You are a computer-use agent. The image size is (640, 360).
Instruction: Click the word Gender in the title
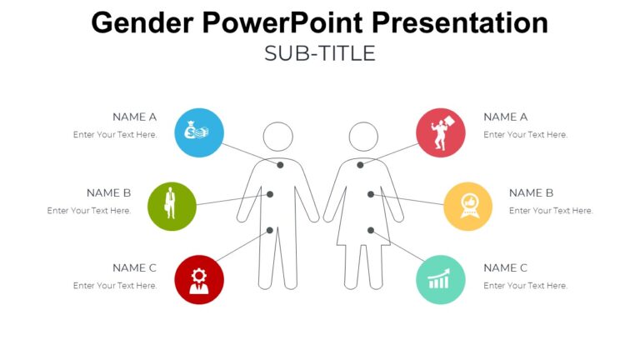(133, 22)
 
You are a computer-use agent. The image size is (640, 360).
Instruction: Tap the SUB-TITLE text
(320, 53)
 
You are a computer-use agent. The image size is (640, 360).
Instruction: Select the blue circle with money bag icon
(199, 132)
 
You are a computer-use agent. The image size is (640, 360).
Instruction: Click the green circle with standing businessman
(172, 206)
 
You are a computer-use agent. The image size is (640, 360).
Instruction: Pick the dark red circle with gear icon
(199, 279)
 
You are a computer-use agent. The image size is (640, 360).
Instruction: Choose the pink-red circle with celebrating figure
(440, 132)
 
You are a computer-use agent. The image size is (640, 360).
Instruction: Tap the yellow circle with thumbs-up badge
(467, 206)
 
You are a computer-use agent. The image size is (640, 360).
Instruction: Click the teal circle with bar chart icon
(440, 279)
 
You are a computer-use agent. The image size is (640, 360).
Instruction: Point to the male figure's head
(277, 136)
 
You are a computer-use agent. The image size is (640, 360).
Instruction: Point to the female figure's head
(363, 136)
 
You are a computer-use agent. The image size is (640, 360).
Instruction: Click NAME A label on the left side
(134, 117)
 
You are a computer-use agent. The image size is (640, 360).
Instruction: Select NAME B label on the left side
(108, 192)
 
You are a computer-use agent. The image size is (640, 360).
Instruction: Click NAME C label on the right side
(505, 267)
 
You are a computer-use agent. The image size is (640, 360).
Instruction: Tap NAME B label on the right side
(531, 192)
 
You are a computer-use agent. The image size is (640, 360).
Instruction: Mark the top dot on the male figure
(281, 165)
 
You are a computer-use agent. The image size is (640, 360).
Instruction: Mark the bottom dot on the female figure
(371, 230)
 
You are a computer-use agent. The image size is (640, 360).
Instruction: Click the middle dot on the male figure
(270, 194)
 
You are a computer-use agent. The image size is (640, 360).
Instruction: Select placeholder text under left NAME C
(115, 286)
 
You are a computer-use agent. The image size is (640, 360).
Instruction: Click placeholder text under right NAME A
(525, 135)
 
